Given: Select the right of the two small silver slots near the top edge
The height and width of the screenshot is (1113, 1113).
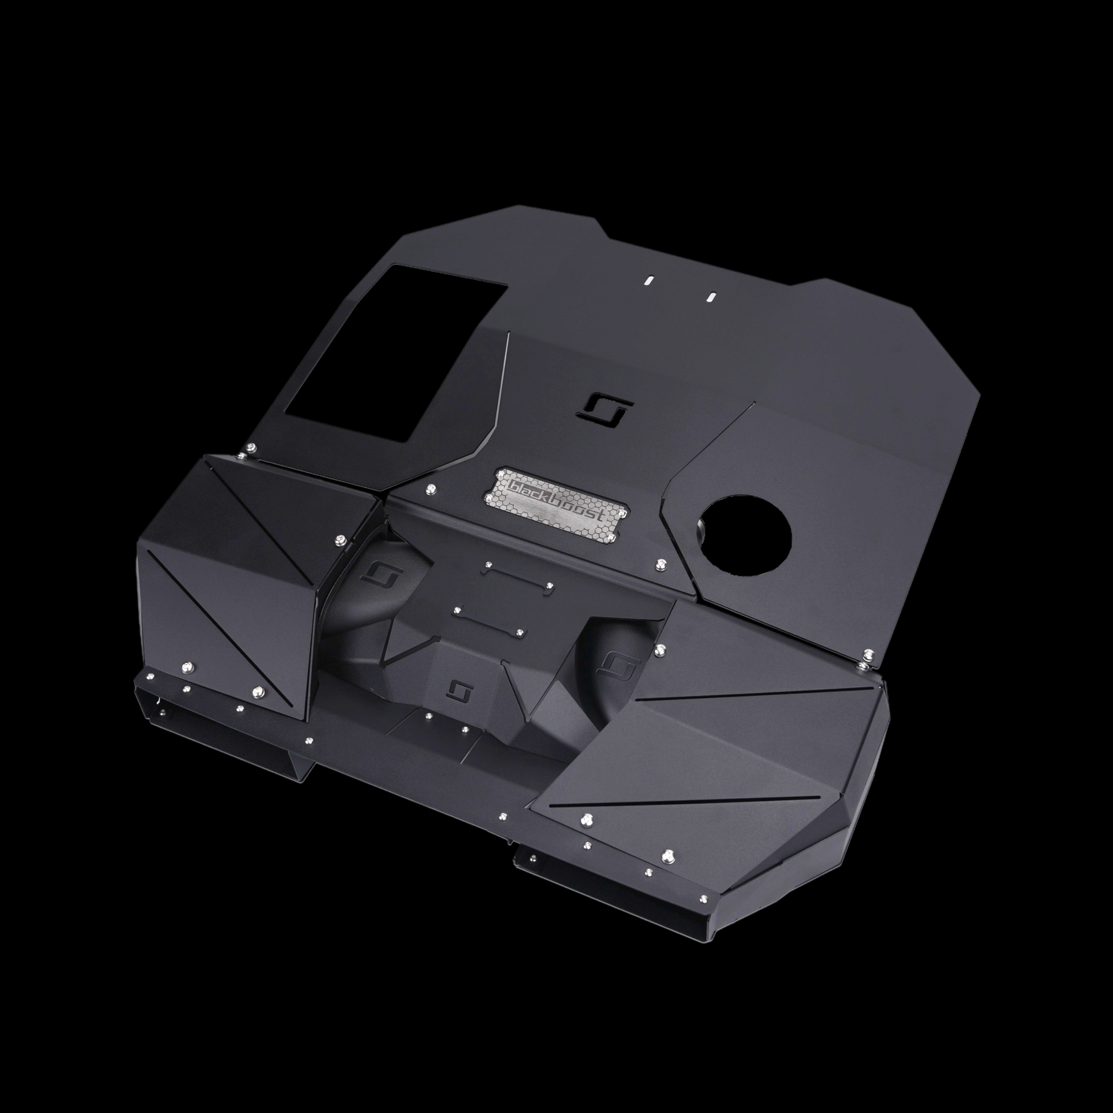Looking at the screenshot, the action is (x=711, y=296).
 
